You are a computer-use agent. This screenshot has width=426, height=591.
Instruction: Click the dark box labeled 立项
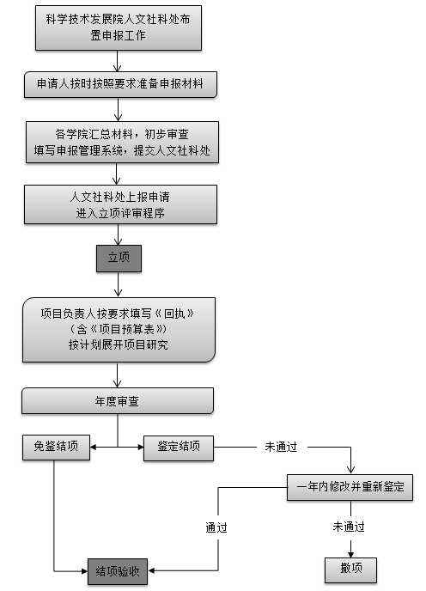click(x=119, y=259)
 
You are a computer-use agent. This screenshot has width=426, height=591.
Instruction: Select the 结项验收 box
click(x=118, y=571)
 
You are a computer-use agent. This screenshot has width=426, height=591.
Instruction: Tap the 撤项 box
click(x=350, y=570)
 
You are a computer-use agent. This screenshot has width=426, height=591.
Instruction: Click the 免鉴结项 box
click(x=56, y=447)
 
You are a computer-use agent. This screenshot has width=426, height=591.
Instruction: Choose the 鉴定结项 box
click(x=179, y=448)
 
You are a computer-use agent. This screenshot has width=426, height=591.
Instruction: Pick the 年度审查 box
click(x=118, y=401)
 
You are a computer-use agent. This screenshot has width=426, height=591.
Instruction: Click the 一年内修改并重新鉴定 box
click(x=350, y=487)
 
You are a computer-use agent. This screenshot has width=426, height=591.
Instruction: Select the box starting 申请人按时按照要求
click(x=120, y=84)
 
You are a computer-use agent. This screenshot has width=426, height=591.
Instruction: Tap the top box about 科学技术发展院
click(x=119, y=27)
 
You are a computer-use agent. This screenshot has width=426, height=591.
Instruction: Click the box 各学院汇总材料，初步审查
click(x=122, y=142)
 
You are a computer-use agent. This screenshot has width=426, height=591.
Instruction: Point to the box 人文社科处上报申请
click(x=120, y=204)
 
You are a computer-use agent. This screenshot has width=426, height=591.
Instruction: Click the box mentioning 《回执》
click(x=119, y=330)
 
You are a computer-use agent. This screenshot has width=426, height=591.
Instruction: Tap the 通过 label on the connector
click(x=216, y=527)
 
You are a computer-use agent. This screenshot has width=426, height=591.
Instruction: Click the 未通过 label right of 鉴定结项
click(x=281, y=447)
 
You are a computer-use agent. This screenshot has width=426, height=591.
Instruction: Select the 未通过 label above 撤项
click(x=349, y=527)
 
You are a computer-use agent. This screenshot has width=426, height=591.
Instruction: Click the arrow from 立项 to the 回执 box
click(x=119, y=284)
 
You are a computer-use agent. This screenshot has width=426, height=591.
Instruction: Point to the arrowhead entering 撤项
click(x=350, y=555)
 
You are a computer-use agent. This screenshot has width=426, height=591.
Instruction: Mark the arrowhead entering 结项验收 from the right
click(x=151, y=570)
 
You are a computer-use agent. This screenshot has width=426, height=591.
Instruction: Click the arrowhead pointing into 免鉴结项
click(x=93, y=448)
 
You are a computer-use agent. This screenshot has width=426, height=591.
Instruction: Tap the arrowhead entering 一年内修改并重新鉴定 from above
click(x=350, y=471)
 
